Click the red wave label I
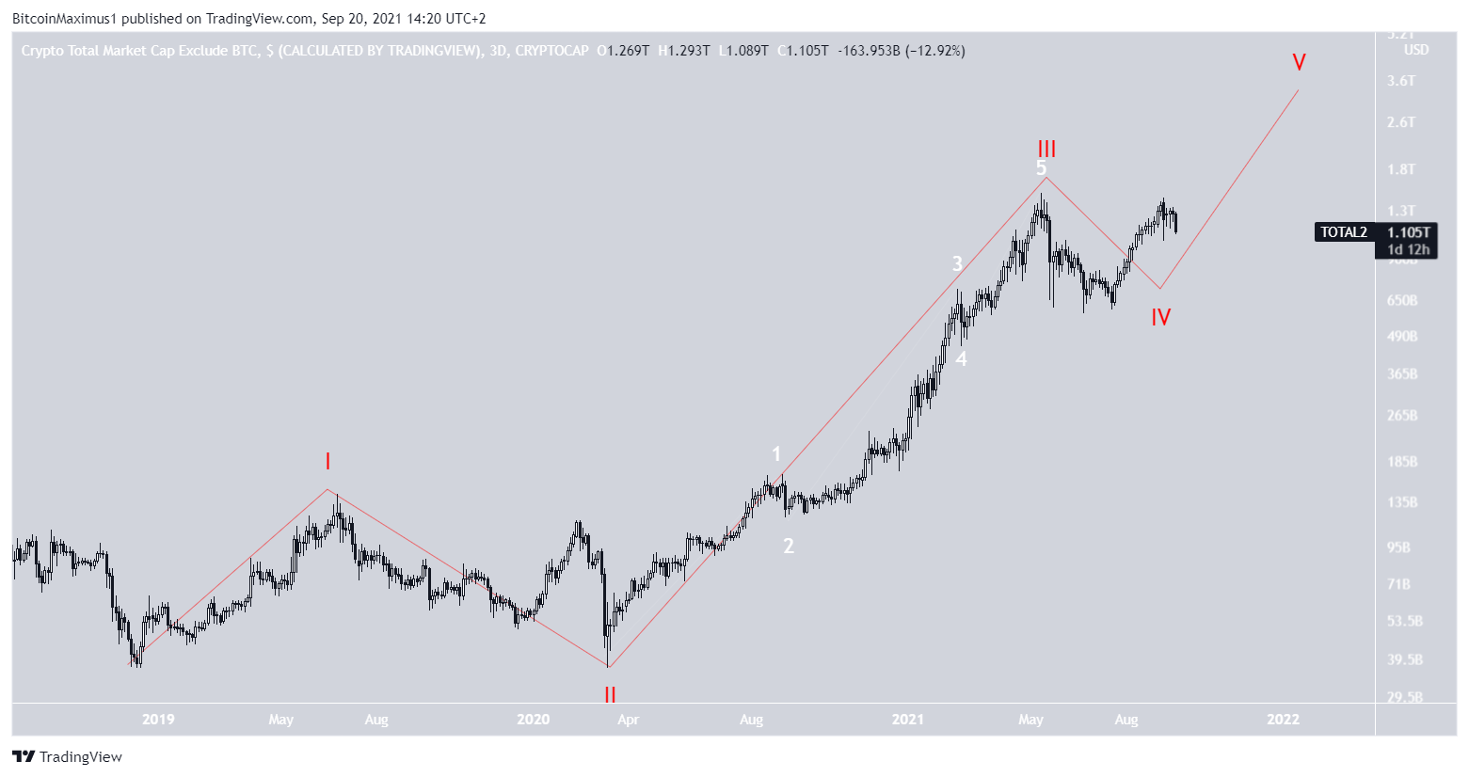tap(327, 461)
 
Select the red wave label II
tap(610, 695)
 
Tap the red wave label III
tap(1046, 149)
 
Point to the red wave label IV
tap(1160, 318)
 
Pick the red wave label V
tap(1299, 63)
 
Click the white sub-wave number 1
tap(776, 454)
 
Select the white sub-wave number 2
tap(789, 546)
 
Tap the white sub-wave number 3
tap(957, 263)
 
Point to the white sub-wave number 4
tap(961, 358)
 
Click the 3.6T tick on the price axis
tap(1401, 81)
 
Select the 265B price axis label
tap(1401, 416)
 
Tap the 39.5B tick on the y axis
tap(1404, 659)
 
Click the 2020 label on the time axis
tap(533, 720)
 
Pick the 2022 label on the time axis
tap(1283, 720)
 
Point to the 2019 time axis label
tap(158, 720)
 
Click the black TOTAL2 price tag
tap(1344, 232)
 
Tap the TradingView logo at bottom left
tap(68, 756)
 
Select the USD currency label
tap(1415, 50)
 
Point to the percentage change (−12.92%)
tap(934, 51)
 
